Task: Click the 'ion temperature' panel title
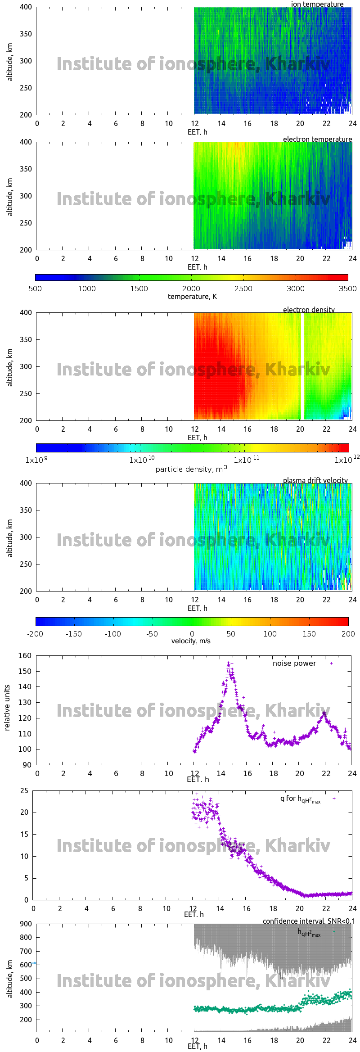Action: click(x=317, y=5)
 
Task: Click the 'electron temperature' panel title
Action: click(x=317, y=139)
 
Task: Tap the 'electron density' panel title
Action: click(x=309, y=310)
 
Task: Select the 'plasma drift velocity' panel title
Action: click(x=315, y=480)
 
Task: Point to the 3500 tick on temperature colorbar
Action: click(x=347, y=289)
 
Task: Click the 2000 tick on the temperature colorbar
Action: click(x=191, y=289)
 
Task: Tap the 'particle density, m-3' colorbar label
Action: click(x=191, y=469)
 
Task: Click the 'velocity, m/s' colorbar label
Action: click(x=191, y=641)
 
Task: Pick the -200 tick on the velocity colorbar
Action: click(x=35, y=634)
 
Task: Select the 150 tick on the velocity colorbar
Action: click(x=309, y=634)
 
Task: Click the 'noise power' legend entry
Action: click(x=294, y=664)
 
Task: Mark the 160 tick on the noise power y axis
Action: click(x=25, y=656)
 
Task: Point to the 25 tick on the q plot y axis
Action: click(x=24, y=791)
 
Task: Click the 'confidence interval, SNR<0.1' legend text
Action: click(x=309, y=921)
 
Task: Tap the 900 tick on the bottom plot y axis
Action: click(x=26, y=924)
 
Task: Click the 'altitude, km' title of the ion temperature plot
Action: click(x=10, y=62)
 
